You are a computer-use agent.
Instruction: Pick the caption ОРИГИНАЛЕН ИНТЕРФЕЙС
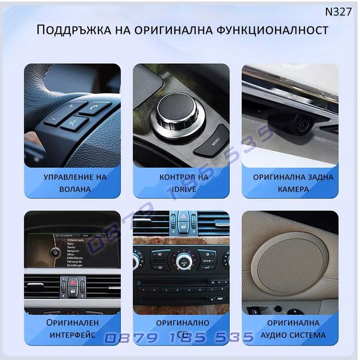click(72, 328)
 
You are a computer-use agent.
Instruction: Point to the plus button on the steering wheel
click(70, 106)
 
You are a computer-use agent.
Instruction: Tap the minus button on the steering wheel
click(53, 121)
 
